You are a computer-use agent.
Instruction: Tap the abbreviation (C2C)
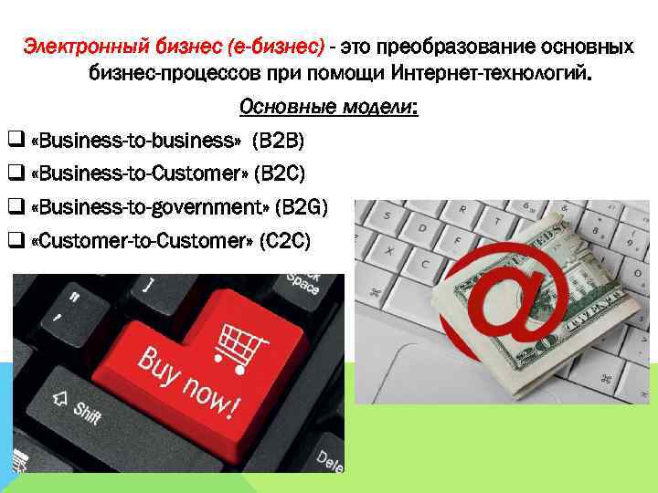[x=285, y=240]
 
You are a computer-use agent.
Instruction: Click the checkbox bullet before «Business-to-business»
[x=15, y=142]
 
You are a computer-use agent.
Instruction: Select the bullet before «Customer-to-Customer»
[x=15, y=240]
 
